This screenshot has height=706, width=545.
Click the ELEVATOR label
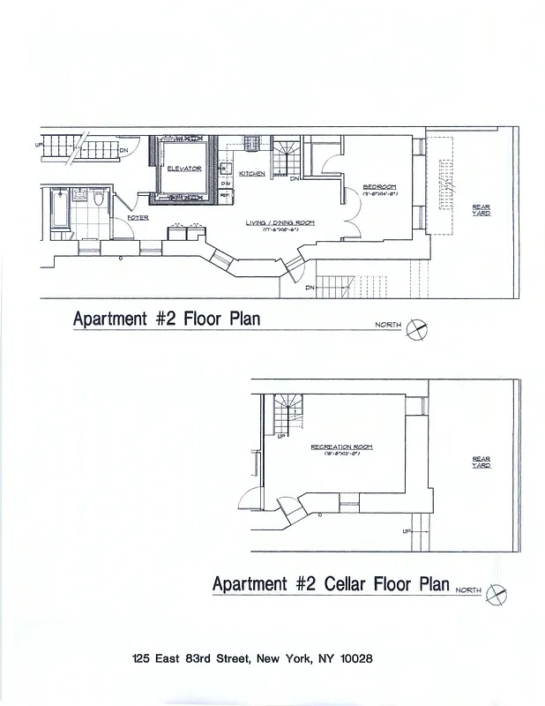tap(183, 169)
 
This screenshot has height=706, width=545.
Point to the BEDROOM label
tap(380, 186)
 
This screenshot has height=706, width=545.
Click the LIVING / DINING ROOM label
tap(280, 222)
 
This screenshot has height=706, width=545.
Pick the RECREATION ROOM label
tap(341, 447)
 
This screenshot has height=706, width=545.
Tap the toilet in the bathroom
tap(99, 200)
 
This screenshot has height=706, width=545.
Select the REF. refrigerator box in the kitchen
tap(225, 195)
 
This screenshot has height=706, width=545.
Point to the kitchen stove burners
tap(250, 140)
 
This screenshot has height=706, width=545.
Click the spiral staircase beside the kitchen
tap(285, 158)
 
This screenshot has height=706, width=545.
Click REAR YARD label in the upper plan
tap(481, 210)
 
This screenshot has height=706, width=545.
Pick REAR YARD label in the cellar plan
tap(481, 462)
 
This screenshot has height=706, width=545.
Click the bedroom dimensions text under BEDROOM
tap(380, 195)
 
